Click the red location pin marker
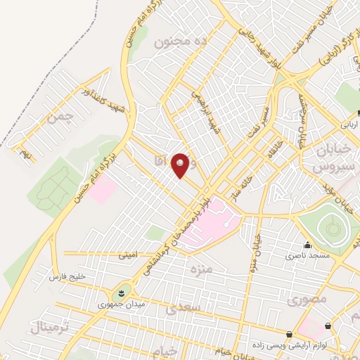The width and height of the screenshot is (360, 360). pos(181,165)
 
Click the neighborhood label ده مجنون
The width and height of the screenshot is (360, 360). pos(181,42)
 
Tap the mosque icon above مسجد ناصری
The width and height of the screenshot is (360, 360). pos(307,245)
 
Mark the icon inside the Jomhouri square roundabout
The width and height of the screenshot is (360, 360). pos(120,292)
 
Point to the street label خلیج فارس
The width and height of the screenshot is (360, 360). pos(67,277)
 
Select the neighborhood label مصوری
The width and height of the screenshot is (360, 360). pos(307,299)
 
